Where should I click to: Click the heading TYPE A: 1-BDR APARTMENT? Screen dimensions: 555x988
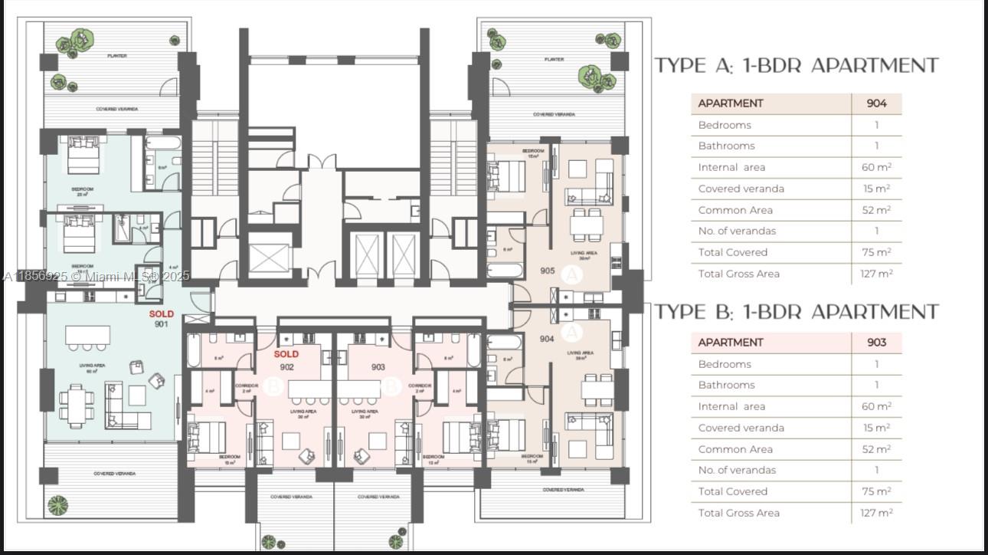click(x=797, y=66)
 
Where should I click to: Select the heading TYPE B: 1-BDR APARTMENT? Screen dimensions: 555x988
click(x=797, y=312)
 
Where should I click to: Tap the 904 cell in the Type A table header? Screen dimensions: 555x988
click(x=876, y=103)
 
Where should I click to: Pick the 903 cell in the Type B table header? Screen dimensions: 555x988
click(x=876, y=343)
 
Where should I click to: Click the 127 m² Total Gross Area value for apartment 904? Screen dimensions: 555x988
click(x=877, y=274)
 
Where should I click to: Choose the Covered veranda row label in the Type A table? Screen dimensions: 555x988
click(x=741, y=189)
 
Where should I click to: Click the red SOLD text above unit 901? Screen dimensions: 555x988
click(x=161, y=314)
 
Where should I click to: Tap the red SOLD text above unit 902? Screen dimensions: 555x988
click(x=286, y=354)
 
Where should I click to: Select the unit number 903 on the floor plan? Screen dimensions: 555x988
click(x=378, y=367)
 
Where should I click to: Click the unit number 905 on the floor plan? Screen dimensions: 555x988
click(x=548, y=271)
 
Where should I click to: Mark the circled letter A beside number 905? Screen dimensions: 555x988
click(x=571, y=274)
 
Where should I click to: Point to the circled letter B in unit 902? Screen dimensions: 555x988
click(x=273, y=387)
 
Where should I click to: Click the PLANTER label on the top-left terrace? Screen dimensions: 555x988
click(x=116, y=56)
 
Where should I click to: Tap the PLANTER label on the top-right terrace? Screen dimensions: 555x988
click(x=554, y=59)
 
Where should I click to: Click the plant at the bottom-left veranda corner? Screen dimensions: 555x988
click(x=57, y=504)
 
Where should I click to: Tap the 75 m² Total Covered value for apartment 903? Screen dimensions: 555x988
click(x=877, y=491)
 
